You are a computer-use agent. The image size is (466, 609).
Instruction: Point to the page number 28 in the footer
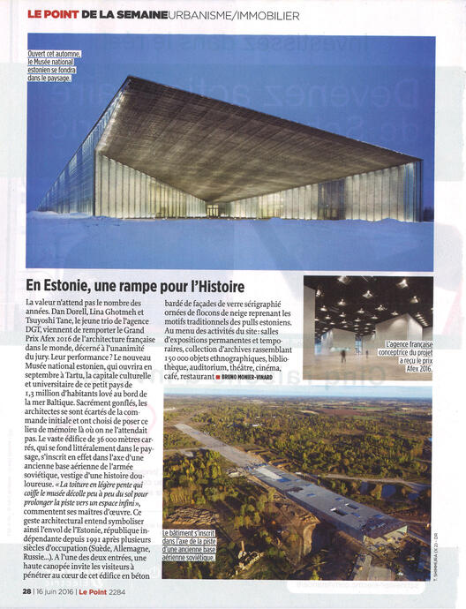point(27,590)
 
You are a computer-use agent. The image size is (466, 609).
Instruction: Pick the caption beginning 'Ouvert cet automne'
point(56,66)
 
